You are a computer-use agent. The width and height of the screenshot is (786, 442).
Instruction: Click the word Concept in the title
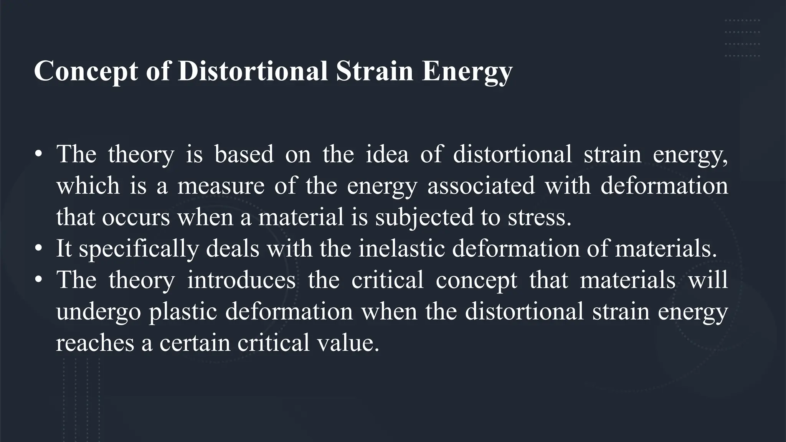tap(86, 71)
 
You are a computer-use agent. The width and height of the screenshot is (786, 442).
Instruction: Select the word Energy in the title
tap(467, 71)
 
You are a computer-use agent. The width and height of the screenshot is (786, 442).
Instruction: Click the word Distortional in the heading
tap(253, 71)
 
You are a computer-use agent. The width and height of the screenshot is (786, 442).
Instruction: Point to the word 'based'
tap(244, 154)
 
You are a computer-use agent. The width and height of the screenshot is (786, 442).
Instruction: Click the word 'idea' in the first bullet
tap(387, 154)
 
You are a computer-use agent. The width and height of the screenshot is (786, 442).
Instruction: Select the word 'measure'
tap(221, 186)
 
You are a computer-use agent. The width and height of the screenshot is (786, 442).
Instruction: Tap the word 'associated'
tap(481, 186)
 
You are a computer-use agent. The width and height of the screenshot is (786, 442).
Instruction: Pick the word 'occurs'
tap(136, 217)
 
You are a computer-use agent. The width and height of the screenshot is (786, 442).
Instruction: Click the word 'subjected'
tap(424, 217)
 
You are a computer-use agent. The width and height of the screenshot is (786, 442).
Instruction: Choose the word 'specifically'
tap(139, 249)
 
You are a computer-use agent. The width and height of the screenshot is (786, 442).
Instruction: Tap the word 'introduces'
tap(241, 280)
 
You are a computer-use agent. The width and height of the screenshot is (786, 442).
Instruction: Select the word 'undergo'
tap(98, 312)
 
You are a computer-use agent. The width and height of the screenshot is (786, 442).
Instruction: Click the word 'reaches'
tap(95, 343)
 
